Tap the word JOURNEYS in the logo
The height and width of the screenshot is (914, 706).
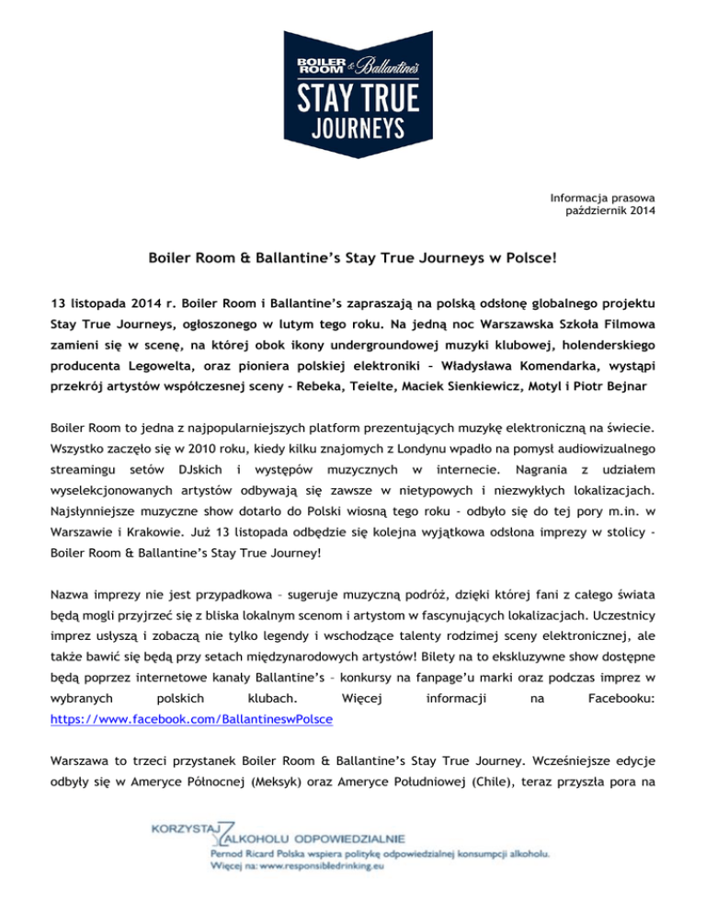(352, 126)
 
